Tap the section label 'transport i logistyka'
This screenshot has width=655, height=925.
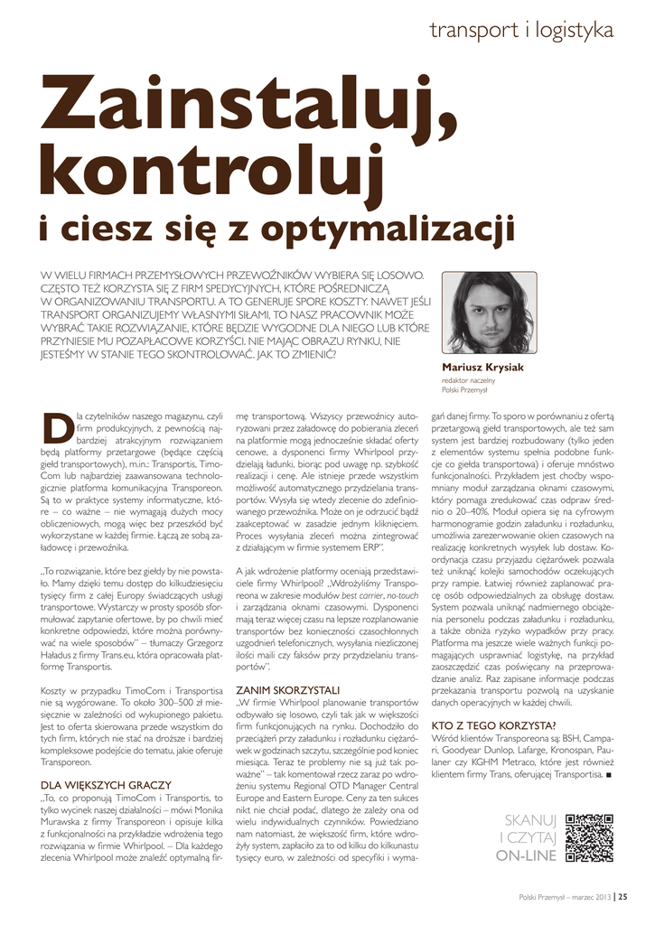[x=521, y=30]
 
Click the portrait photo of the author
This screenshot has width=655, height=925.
[x=489, y=312]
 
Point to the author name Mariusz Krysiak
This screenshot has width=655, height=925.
[x=482, y=368]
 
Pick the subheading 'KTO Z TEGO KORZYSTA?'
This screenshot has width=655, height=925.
[x=493, y=724]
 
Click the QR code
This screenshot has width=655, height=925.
[x=590, y=838]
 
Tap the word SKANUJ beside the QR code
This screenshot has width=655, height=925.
[x=529, y=820]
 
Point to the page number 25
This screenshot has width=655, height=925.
[x=623, y=897]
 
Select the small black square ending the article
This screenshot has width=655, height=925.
[x=609, y=775]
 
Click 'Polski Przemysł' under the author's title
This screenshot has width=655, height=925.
[x=464, y=390]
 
